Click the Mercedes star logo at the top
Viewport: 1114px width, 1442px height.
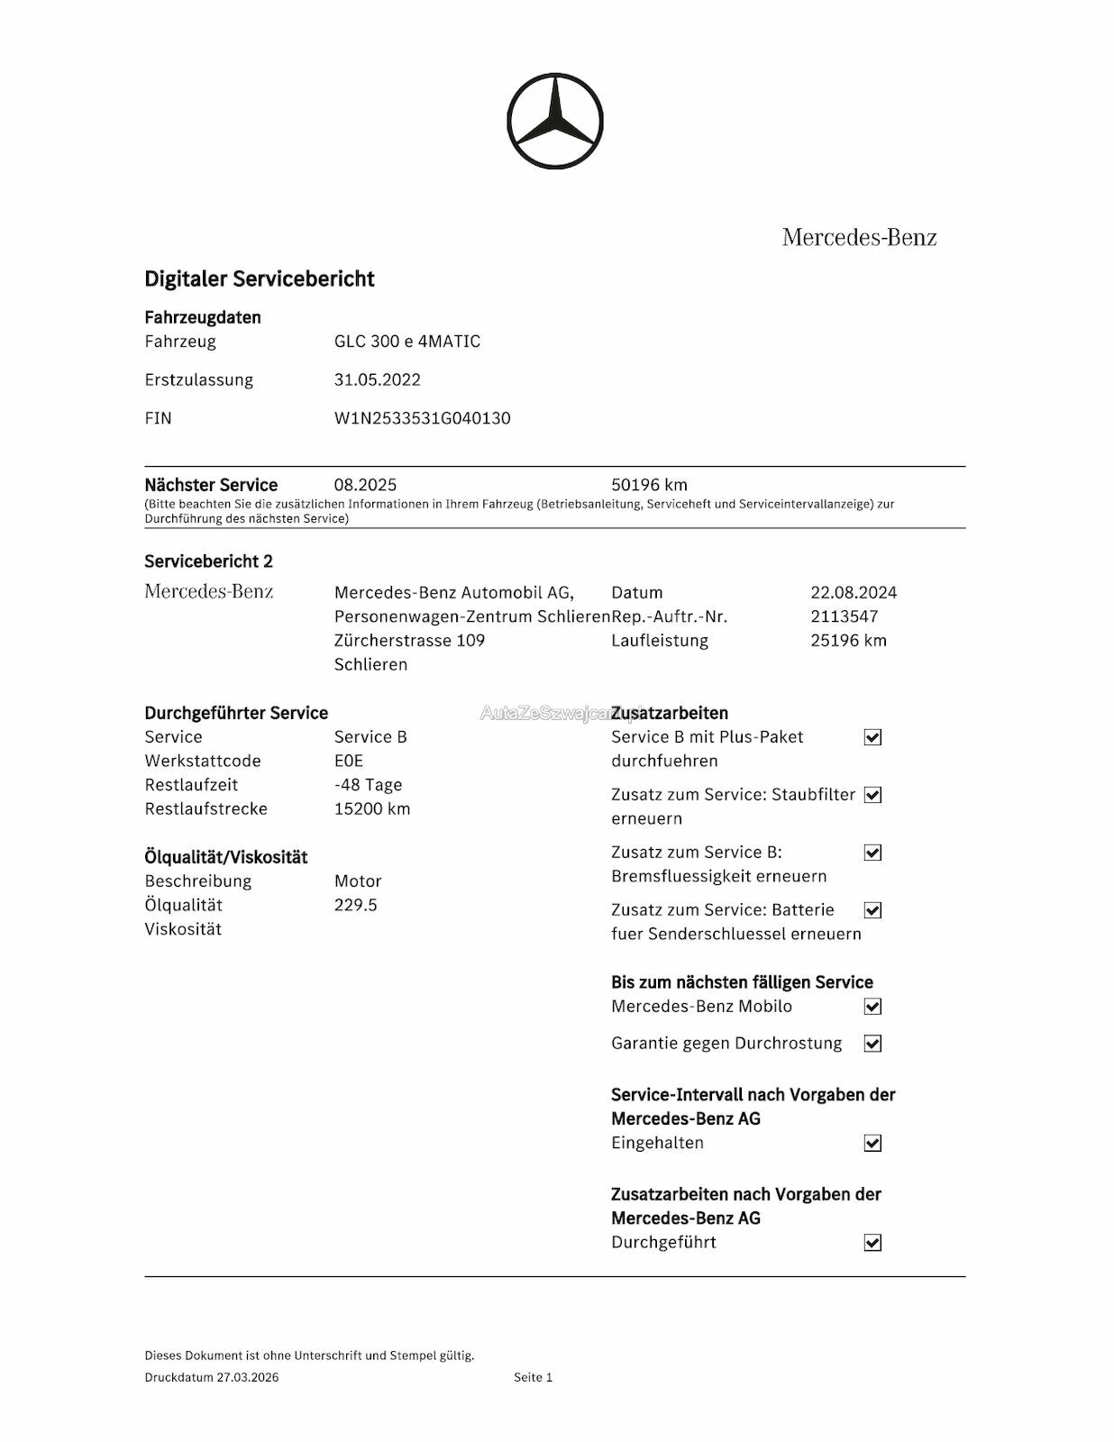(554, 121)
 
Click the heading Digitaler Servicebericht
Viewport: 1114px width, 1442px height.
(260, 278)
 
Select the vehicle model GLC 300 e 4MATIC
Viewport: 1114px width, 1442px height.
(406, 342)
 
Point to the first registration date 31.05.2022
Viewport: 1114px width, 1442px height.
(377, 379)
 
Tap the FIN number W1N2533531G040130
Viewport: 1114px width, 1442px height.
(422, 418)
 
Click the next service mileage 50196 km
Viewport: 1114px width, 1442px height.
(649, 485)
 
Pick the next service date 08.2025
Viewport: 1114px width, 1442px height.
(365, 485)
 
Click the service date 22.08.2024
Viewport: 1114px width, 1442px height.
(853, 592)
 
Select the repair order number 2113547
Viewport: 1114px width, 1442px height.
(844, 616)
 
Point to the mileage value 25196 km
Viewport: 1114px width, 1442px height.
(848, 641)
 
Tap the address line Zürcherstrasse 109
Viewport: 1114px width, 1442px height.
(409, 641)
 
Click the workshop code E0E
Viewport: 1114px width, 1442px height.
(348, 761)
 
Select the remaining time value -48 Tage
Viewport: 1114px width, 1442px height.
(368, 785)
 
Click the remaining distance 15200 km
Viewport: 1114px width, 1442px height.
(371, 808)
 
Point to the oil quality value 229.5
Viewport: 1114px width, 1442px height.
(355, 905)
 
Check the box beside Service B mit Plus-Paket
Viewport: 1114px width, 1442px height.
(872, 737)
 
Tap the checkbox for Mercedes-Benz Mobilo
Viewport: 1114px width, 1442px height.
(872, 1007)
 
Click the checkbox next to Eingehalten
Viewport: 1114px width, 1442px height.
(872, 1143)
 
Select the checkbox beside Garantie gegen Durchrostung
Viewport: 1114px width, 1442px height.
(872, 1044)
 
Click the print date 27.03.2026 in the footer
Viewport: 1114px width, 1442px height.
(247, 1377)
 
